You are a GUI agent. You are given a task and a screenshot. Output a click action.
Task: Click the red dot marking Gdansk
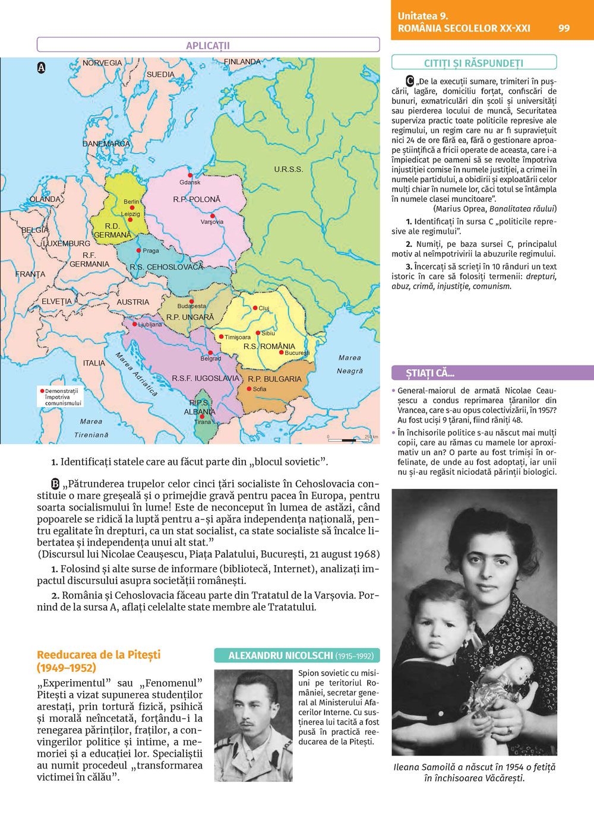click(x=190, y=175)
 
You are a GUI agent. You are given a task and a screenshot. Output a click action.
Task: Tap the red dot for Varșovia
click(x=213, y=215)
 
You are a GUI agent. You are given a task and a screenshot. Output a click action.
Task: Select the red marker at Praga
click(x=138, y=250)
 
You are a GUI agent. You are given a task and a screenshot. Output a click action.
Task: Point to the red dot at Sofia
click(x=249, y=389)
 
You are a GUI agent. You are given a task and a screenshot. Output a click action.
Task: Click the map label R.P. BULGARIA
click(x=274, y=379)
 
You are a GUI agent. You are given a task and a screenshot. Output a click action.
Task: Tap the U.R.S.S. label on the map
click(x=289, y=169)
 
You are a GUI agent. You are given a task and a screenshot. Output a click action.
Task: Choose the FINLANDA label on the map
click(x=242, y=62)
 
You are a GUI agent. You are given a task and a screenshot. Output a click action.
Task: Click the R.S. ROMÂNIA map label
click(x=269, y=346)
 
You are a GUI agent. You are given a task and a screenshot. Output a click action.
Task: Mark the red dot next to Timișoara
click(x=221, y=337)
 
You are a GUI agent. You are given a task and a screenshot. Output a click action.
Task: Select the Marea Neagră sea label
click(x=350, y=364)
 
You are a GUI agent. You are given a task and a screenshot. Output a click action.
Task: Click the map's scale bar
click(x=350, y=440)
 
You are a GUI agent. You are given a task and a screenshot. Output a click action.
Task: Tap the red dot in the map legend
click(x=42, y=391)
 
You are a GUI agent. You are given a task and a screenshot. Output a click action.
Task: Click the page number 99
click(x=564, y=28)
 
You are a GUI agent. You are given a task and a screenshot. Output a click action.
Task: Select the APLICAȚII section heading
click(x=208, y=46)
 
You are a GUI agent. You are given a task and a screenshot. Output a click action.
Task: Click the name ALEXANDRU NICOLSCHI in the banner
click(x=281, y=656)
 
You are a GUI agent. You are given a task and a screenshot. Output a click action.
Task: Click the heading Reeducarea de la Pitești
click(x=99, y=655)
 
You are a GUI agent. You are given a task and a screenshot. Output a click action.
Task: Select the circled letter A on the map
click(x=42, y=68)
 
